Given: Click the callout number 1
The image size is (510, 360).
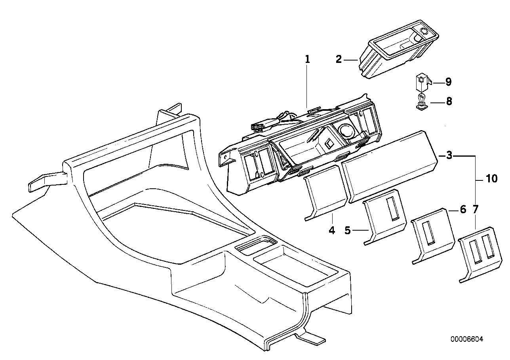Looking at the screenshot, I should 307,59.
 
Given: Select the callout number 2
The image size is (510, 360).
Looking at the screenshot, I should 338,59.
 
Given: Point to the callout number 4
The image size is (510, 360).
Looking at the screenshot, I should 332,230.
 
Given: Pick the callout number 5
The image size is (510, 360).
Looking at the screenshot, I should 348,230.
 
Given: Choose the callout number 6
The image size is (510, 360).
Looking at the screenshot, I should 463,210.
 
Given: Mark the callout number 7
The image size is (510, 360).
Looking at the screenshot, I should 475,210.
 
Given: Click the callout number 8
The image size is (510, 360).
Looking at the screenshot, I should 449,102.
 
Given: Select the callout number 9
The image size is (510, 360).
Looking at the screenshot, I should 448,82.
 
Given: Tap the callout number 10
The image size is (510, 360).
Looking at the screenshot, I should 491,179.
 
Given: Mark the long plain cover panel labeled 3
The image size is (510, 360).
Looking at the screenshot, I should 388,166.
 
